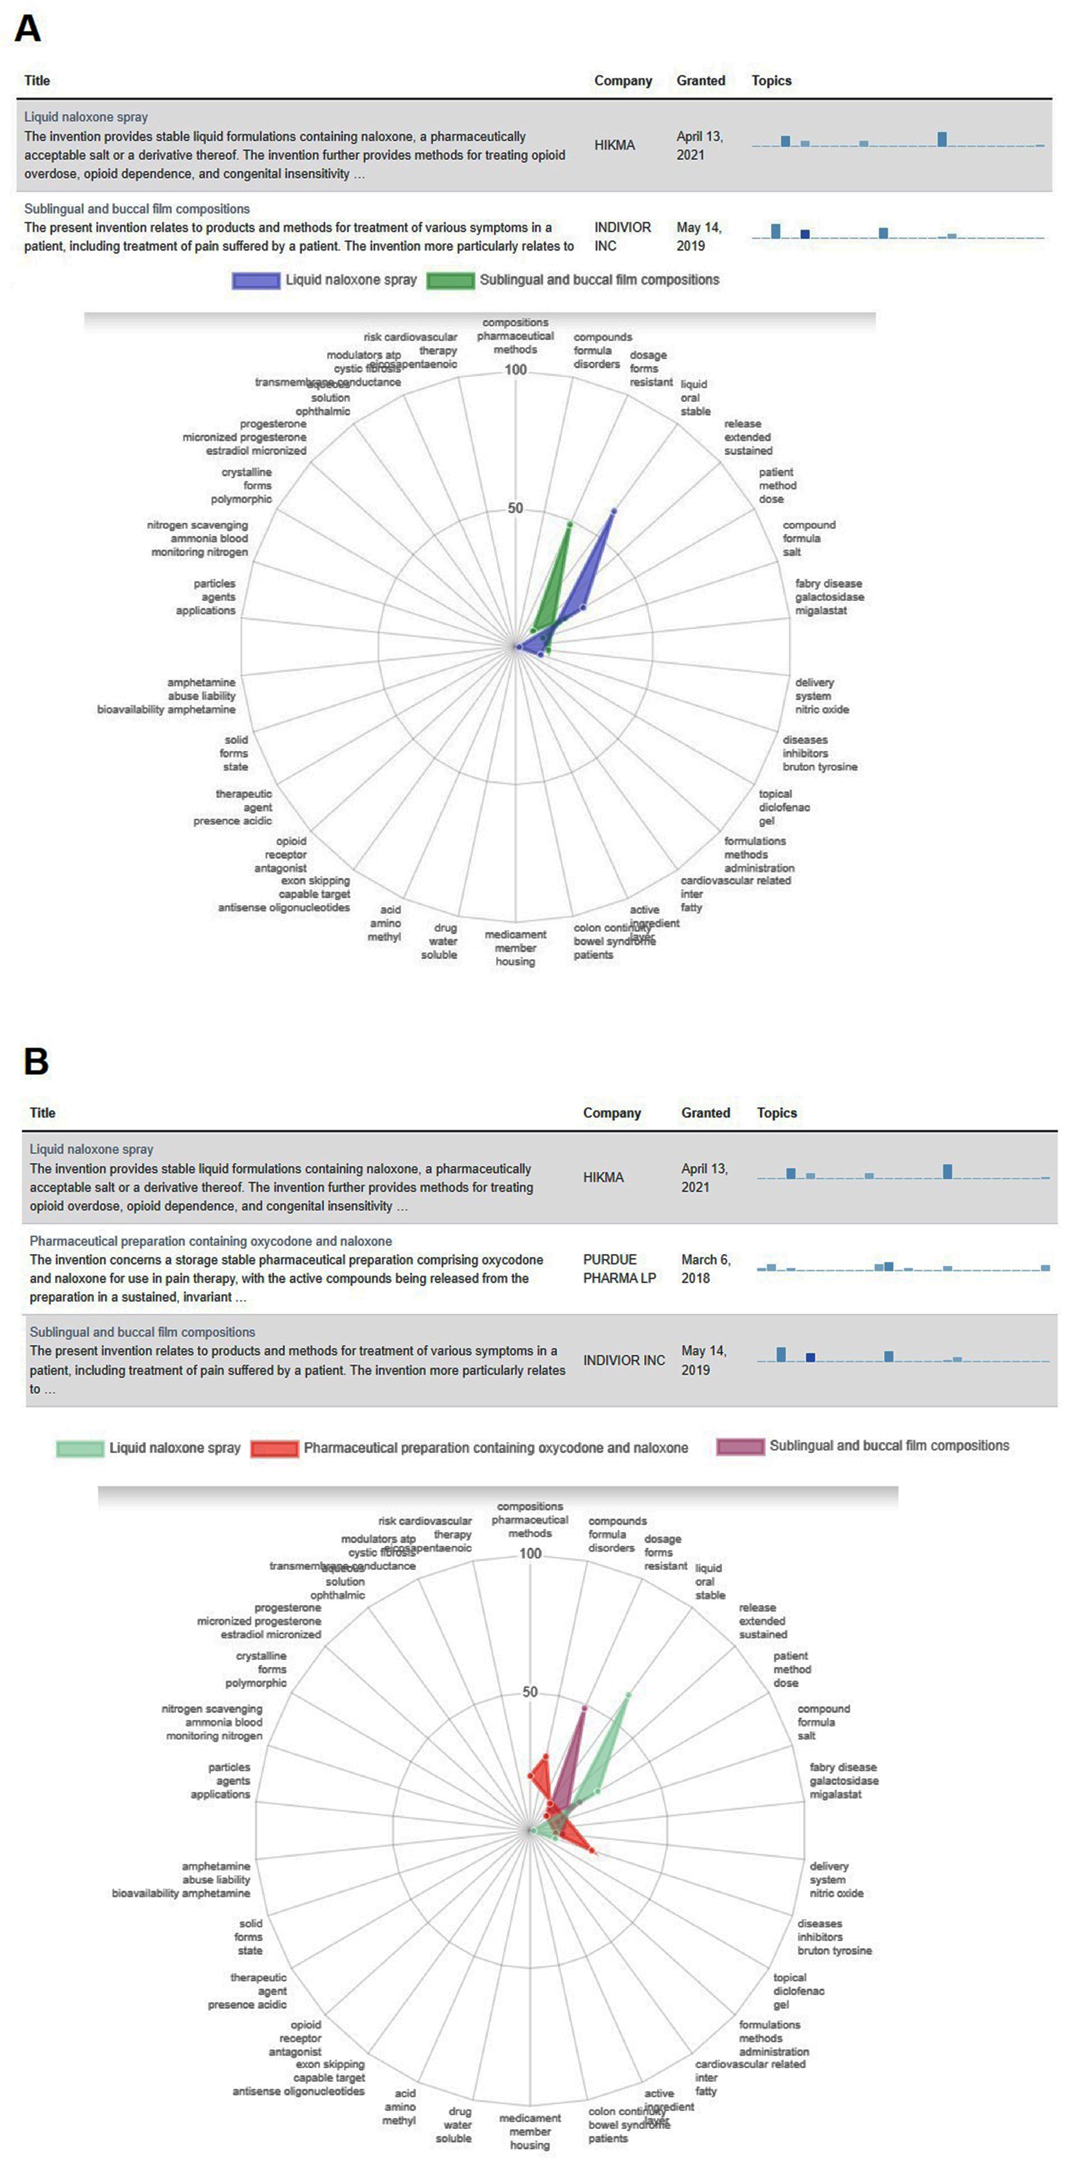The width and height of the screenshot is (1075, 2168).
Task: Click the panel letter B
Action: pyautogui.click(x=35, y=1061)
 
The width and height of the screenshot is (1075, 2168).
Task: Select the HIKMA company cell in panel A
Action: pyautogui.click(x=615, y=145)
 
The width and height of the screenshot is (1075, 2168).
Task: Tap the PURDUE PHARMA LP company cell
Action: pyautogui.click(x=619, y=1268)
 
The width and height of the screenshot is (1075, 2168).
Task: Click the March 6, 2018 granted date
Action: pyautogui.click(x=705, y=1268)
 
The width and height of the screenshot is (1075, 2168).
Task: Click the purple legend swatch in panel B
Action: pyautogui.click(x=740, y=1447)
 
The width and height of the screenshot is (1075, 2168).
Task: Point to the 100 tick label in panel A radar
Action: pyautogui.click(x=516, y=370)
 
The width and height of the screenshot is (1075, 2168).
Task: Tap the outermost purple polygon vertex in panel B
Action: pyautogui.click(x=584, y=1708)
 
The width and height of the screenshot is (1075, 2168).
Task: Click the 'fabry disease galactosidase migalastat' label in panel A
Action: pyautogui.click(x=829, y=596)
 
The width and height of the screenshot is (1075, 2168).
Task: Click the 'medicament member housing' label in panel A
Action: pyautogui.click(x=515, y=948)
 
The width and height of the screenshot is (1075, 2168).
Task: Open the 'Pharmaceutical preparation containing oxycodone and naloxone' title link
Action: pyautogui.click(x=210, y=1240)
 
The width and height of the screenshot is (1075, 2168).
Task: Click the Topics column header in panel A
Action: pyautogui.click(x=771, y=81)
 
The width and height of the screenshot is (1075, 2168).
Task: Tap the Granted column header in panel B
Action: pyautogui.click(x=705, y=1113)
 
